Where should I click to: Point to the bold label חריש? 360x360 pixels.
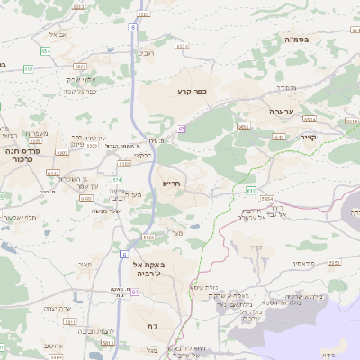click(172, 183)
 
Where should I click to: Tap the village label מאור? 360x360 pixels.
click(85, 264)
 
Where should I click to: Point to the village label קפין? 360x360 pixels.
click(256, 247)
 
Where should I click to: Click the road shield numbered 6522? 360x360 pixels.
click(82, 67)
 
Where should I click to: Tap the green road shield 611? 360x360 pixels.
click(250, 191)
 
